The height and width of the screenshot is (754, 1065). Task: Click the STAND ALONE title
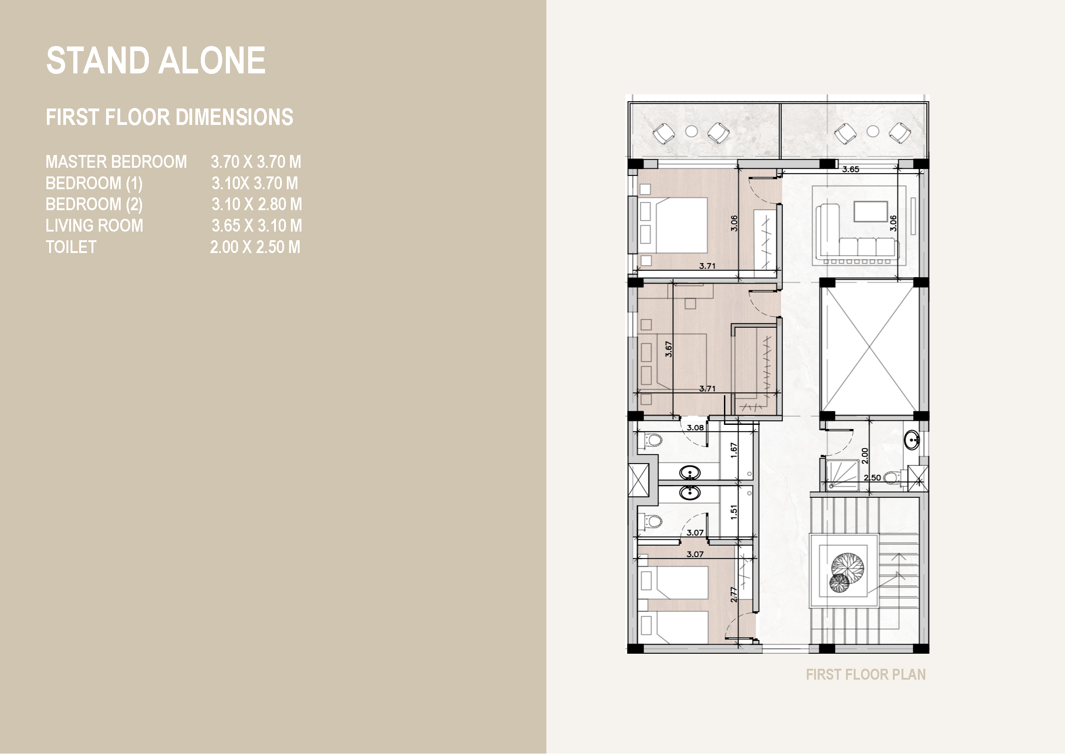tap(156, 61)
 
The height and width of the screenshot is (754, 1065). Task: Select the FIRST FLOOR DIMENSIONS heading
tap(169, 117)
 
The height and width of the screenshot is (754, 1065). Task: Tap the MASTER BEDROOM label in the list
tap(116, 162)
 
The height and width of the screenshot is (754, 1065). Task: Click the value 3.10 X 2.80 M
tap(256, 204)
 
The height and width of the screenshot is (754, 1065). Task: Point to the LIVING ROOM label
tap(94, 226)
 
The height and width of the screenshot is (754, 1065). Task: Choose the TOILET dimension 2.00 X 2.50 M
tap(255, 247)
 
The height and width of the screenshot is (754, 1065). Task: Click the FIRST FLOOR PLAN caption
tap(866, 675)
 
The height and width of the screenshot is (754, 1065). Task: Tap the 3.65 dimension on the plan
tap(851, 170)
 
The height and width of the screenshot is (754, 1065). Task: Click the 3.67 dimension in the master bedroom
tap(668, 349)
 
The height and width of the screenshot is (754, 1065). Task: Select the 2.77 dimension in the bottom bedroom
tap(734, 595)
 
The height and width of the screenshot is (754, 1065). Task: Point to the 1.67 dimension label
tap(734, 450)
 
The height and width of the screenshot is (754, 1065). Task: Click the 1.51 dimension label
tap(734, 512)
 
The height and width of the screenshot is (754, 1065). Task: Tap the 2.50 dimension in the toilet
tap(872, 478)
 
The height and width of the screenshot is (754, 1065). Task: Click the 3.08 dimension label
tap(695, 428)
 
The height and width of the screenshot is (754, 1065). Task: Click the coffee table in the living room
tap(871, 212)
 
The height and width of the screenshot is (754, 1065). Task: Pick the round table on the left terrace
tap(691, 131)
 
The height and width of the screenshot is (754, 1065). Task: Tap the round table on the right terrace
tap(872, 131)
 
